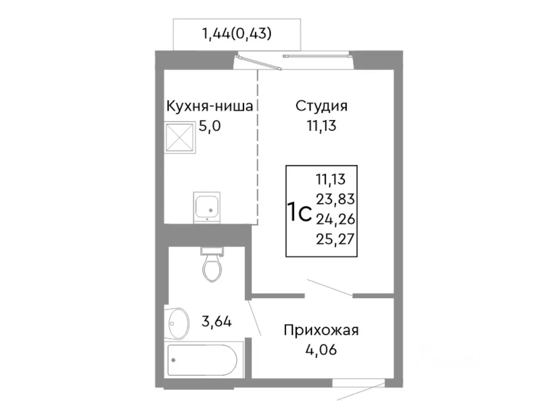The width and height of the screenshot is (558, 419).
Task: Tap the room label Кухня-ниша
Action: [x=210, y=106]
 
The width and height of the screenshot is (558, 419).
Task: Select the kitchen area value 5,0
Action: [x=210, y=127]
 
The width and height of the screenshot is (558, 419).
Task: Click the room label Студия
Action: [x=321, y=106]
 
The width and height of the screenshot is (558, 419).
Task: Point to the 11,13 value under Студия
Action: [x=321, y=127]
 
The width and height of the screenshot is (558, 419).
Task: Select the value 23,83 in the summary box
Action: [x=335, y=199]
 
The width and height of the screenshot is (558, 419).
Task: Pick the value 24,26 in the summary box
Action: [x=335, y=219]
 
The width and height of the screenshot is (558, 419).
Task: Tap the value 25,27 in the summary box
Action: [x=335, y=239]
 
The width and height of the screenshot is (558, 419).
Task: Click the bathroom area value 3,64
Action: [x=216, y=322]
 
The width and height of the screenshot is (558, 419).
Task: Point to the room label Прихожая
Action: [x=321, y=330]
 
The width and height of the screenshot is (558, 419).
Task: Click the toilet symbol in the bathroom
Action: [x=212, y=266]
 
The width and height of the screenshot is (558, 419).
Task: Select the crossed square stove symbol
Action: [x=179, y=136]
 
